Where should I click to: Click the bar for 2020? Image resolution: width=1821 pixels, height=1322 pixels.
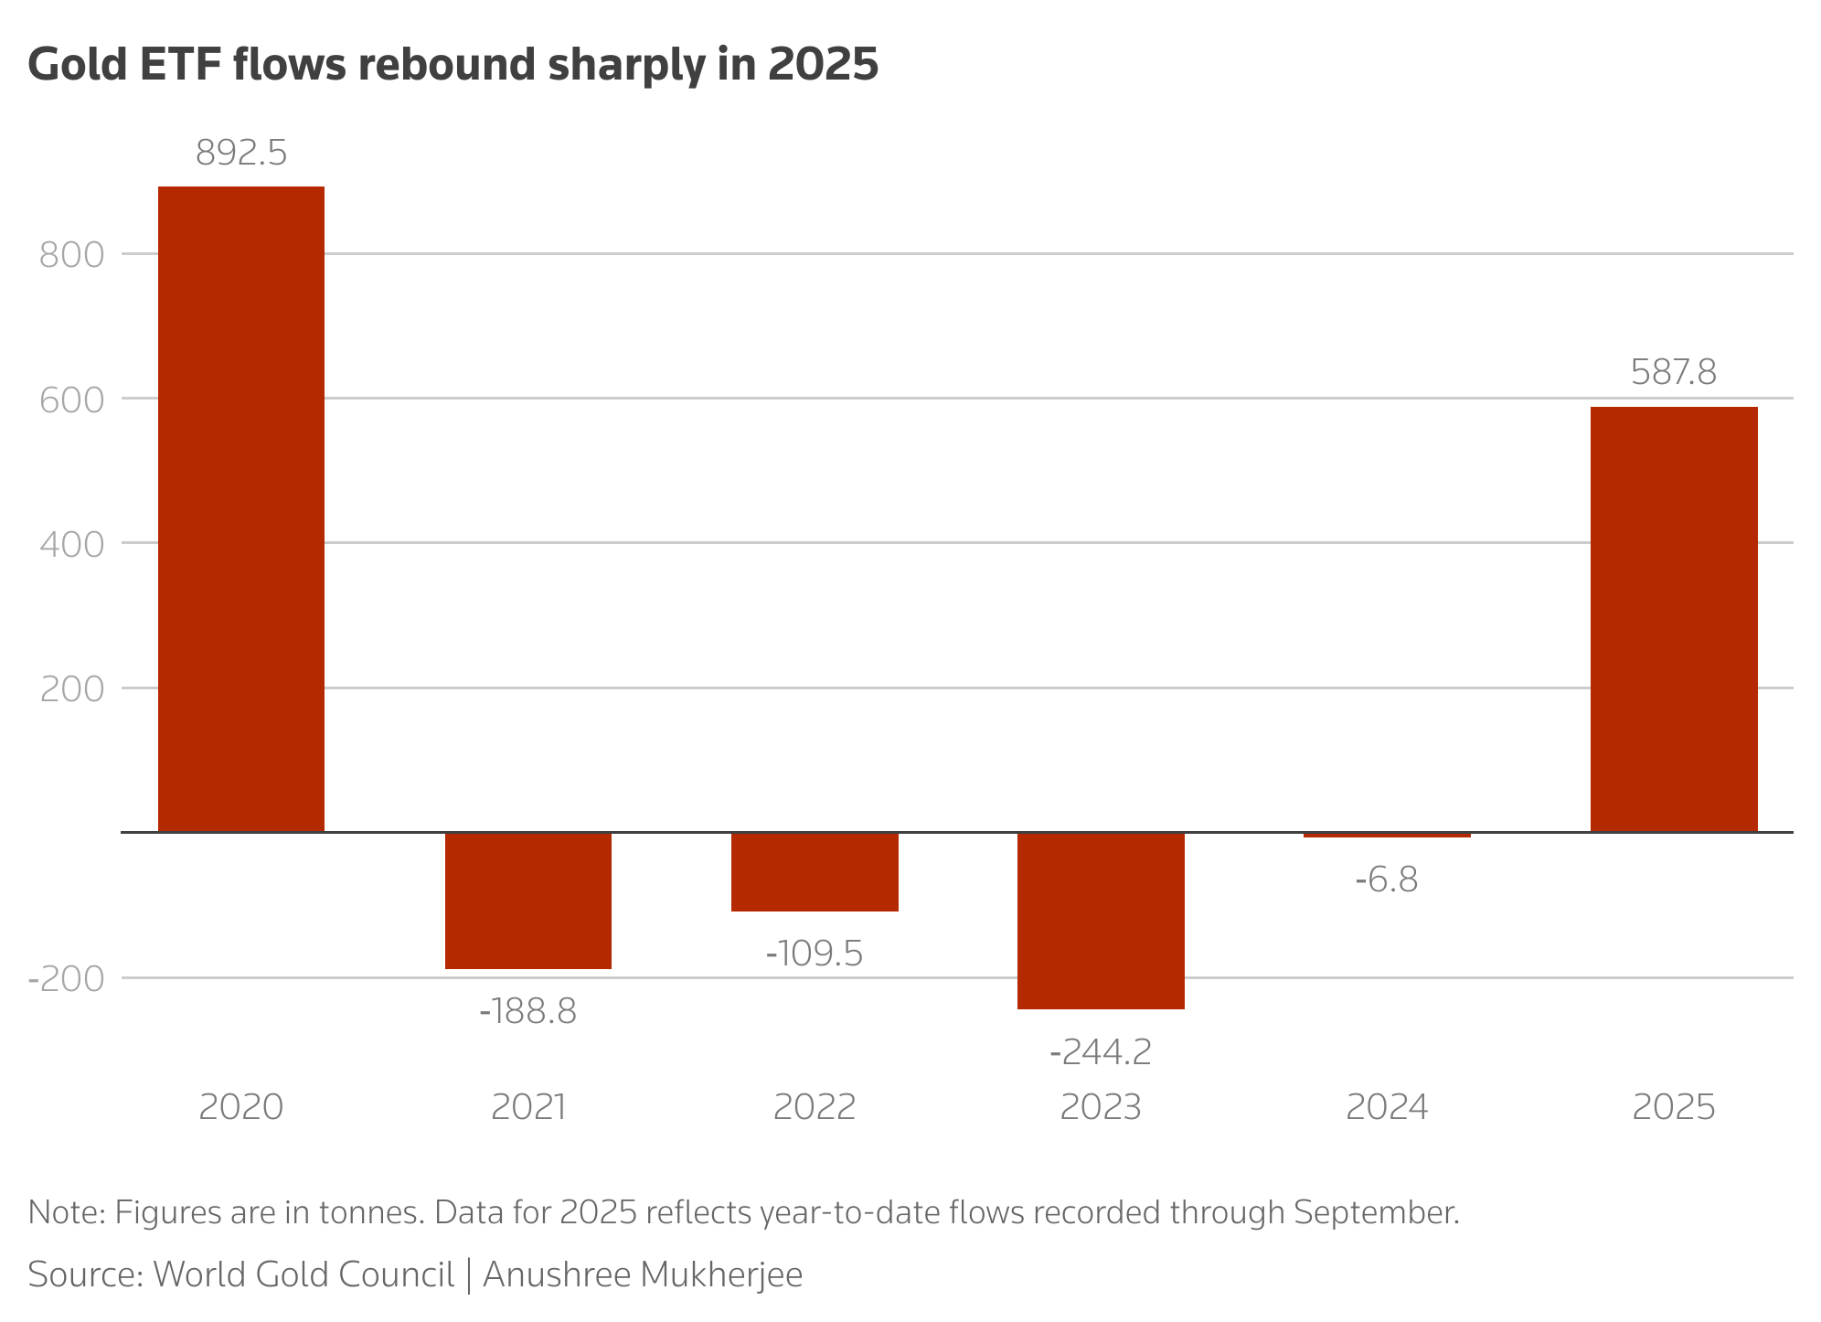(241, 509)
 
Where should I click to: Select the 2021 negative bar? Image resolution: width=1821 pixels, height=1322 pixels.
(528, 900)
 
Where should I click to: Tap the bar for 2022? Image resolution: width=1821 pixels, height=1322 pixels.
(815, 871)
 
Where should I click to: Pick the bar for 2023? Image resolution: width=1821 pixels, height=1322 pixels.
(1101, 920)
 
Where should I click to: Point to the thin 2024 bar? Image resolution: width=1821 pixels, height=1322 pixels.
(1387, 835)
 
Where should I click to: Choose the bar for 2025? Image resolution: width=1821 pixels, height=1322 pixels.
(1674, 619)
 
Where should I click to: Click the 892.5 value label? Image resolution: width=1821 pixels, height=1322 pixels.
(241, 154)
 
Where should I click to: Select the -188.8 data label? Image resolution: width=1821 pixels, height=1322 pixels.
(528, 1011)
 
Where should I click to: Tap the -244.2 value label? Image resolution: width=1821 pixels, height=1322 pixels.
(1101, 1052)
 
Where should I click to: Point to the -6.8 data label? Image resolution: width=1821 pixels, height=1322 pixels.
(1387, 880)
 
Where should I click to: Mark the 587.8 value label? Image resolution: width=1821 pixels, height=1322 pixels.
(1674, 373)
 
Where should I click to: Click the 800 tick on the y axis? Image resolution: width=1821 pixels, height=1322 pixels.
(72, 254)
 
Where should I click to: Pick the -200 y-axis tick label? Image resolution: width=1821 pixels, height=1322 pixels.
(66, 978)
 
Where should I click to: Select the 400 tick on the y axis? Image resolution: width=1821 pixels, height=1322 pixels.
(72, 544)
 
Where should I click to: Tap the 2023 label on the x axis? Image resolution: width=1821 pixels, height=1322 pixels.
(1101, 1107)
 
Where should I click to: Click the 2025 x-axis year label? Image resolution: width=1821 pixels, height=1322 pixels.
(1674, 1107)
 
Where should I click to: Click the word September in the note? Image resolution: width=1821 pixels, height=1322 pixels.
(1375, 1212)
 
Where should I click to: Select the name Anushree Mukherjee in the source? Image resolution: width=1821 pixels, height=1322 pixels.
(643, 1274)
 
